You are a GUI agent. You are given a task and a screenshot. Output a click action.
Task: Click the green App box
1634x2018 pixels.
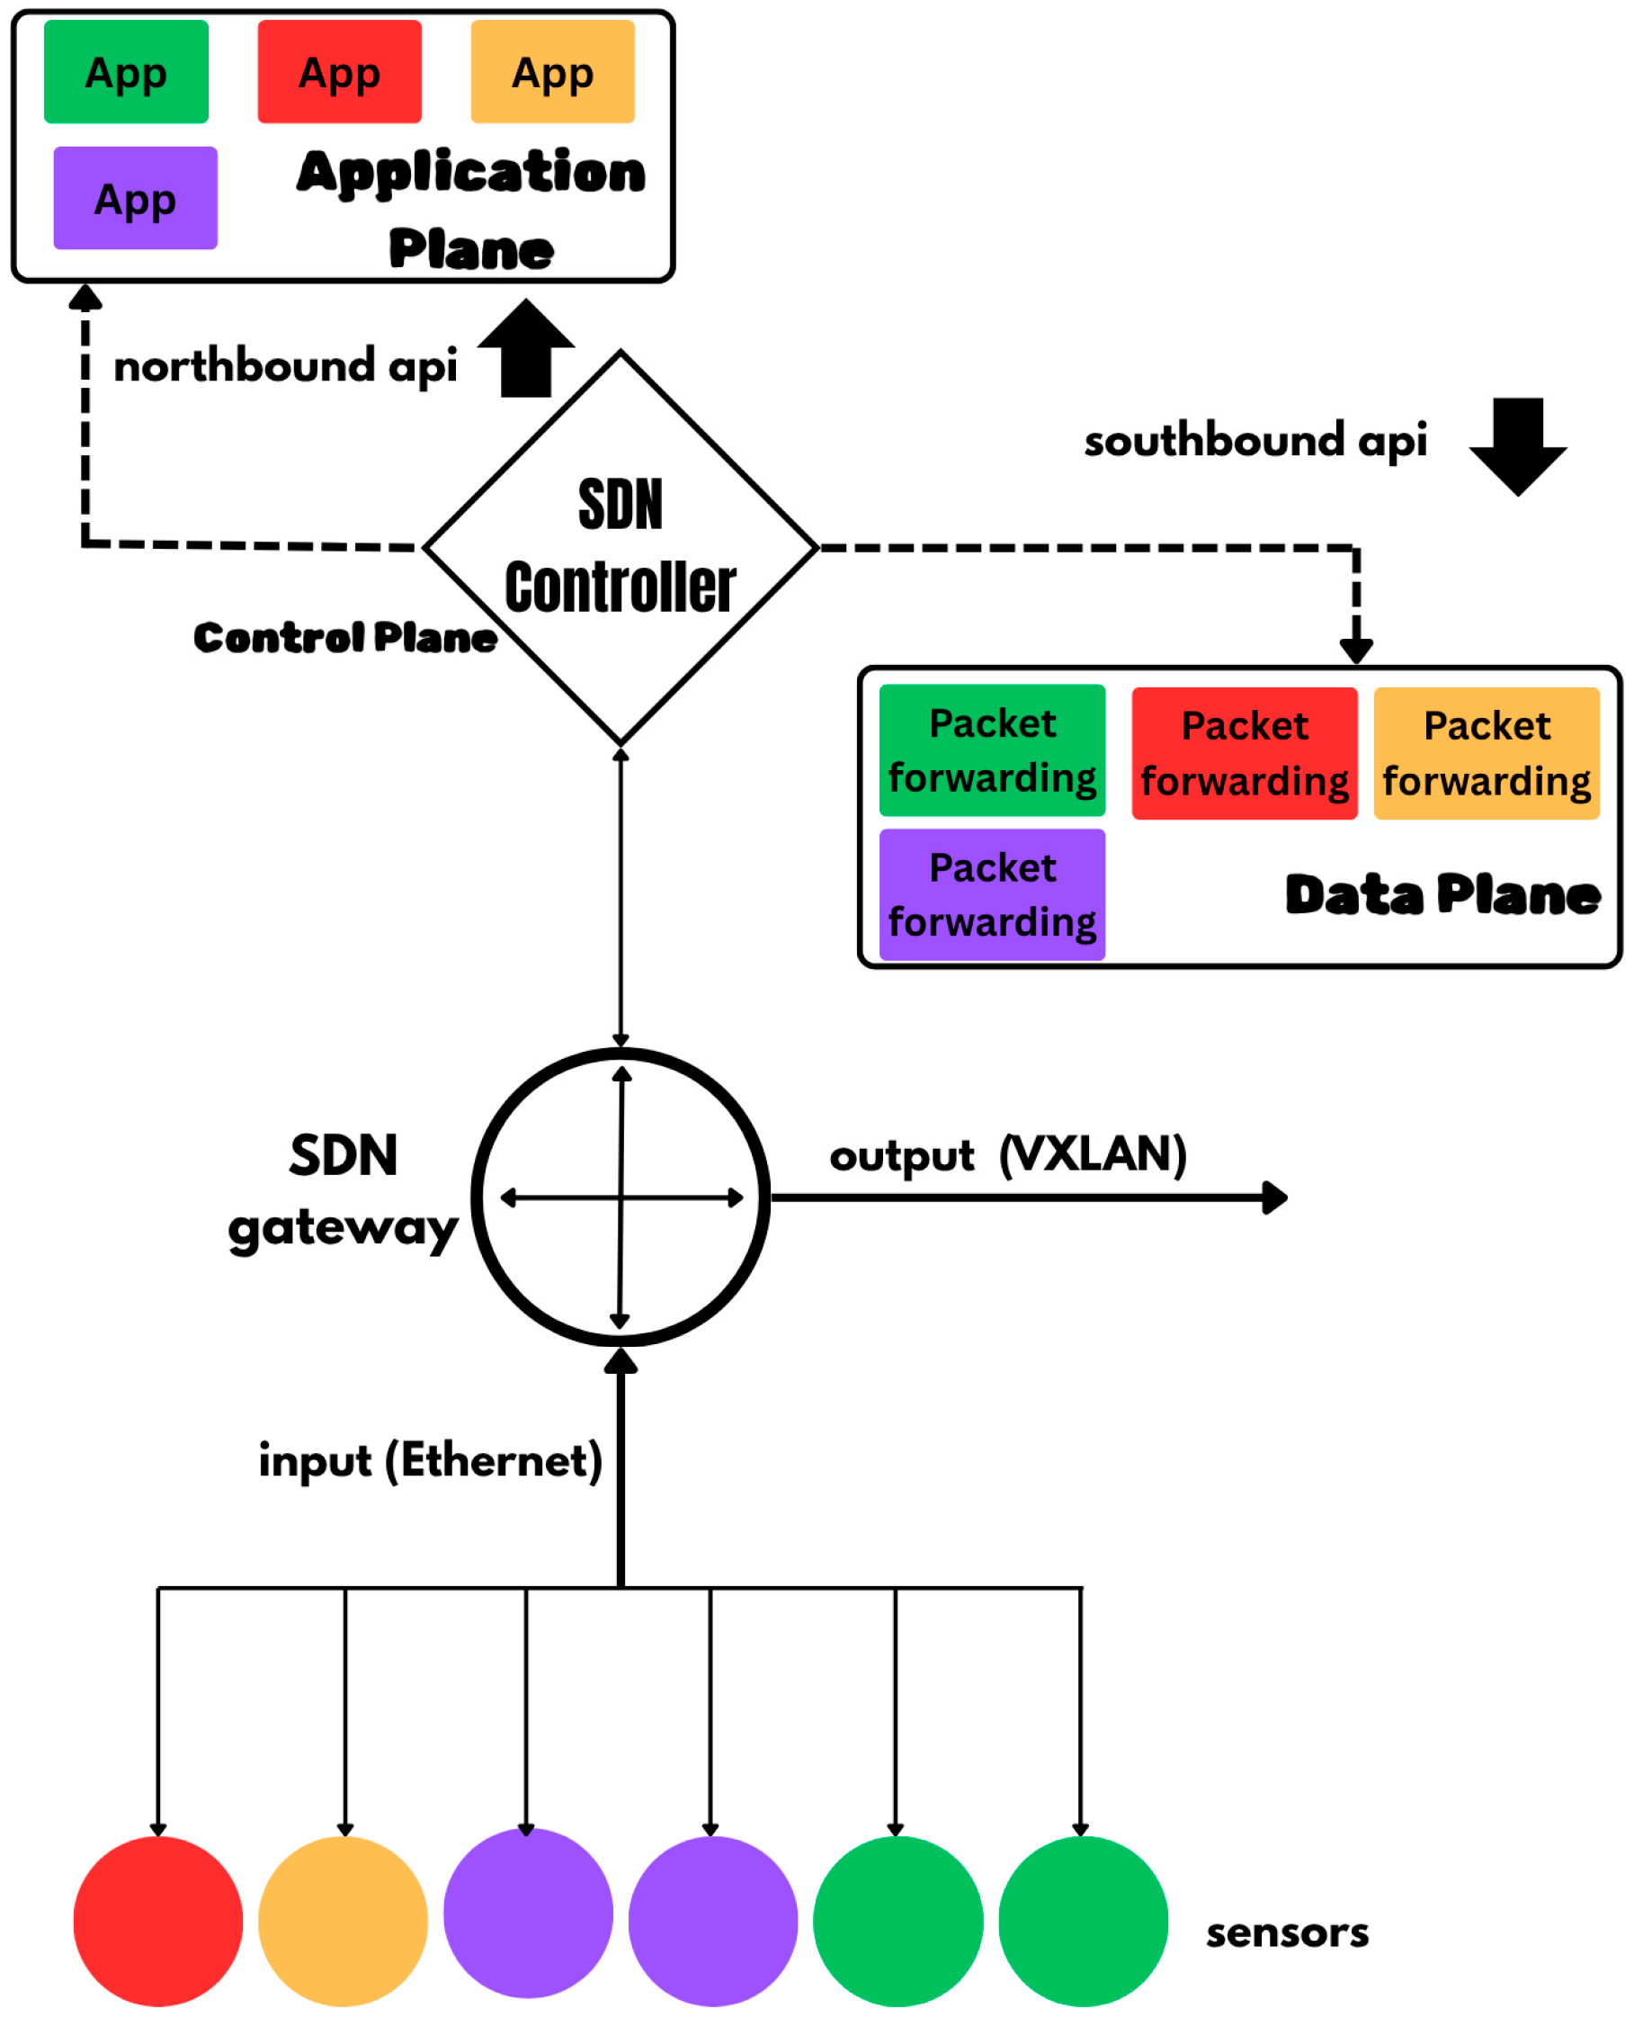[126, 72]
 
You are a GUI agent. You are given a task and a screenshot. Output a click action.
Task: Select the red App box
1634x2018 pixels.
[340, 72]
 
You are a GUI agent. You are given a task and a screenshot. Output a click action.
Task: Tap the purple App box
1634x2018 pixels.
[136, 198]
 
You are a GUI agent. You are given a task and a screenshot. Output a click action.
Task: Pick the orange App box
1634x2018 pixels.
[552, 72]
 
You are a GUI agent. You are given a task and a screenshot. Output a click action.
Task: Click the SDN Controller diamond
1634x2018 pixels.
[621, 546]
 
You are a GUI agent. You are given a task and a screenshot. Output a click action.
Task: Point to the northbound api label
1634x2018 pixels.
[285, 365]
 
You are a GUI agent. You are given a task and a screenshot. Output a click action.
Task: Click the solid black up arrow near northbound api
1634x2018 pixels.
[526, 348]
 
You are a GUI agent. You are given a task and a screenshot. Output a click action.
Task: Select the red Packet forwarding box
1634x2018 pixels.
[1245, 753]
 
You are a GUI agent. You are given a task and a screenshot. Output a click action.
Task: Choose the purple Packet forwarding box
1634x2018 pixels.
[992, 894]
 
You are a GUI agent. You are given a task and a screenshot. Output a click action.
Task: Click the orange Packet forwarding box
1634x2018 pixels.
[1487, 753]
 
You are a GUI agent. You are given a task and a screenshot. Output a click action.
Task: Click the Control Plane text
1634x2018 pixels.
[345, 638]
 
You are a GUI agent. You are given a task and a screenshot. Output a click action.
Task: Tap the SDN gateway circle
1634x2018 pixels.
[621, 1197]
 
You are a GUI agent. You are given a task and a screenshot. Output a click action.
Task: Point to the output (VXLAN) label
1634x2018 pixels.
[1008, 1154]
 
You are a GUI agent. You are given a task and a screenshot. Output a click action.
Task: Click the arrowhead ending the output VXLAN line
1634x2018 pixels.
[1275, 1197]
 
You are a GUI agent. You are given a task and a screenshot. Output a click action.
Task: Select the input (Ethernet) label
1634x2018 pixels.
[430, 1460]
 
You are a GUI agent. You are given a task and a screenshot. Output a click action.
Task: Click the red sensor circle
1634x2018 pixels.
[158, 1921]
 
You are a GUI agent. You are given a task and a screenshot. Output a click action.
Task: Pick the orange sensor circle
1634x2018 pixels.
[343, 1921]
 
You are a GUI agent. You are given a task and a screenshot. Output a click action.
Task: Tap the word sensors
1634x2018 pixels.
[1287, 1933]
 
